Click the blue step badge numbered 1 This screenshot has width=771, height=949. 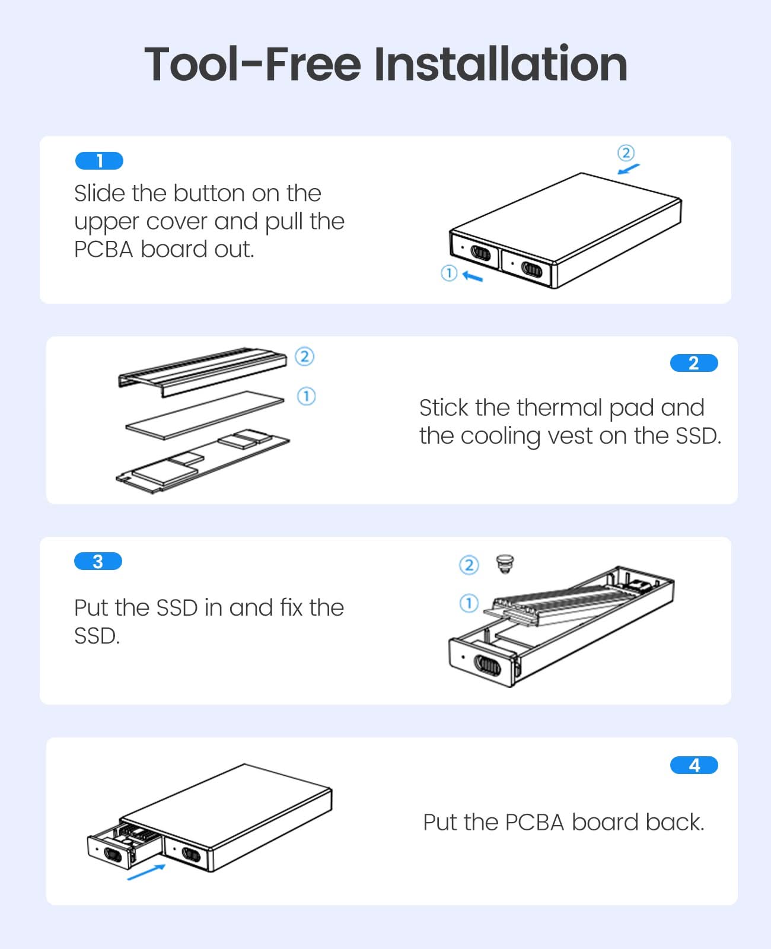pos(99,160)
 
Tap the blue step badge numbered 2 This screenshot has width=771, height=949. pos(694,362)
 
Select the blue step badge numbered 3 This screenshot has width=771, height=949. pos(98,561)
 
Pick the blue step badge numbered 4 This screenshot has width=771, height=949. pos(694,765)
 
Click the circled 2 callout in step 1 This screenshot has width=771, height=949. pos(626,153)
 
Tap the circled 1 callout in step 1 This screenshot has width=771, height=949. pos(449,273)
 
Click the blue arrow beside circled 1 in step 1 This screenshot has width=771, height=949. pos(473,276)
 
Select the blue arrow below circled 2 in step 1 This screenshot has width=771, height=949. pos(629,169)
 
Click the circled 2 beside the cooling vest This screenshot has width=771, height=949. pos(305,356)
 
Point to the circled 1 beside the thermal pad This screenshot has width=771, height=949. pos(307,396)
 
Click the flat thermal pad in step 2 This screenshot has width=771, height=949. pos(205,415)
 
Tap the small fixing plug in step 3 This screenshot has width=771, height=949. pos(505,563)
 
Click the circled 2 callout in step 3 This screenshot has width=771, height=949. pos(469,565)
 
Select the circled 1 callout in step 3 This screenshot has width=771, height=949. pos(469,603)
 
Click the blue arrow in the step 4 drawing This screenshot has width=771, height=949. pos(146,872)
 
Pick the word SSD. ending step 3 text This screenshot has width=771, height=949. pos(97,636)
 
